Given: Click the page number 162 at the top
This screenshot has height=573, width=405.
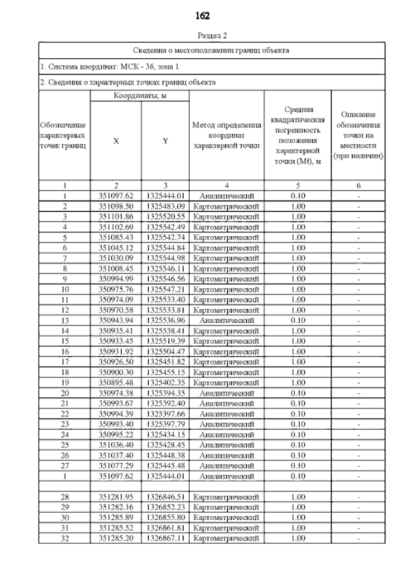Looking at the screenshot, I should click(202, 15).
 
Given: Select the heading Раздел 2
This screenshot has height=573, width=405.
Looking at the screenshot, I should click(202, 36).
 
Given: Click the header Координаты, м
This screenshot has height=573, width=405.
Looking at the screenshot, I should click(139, 96).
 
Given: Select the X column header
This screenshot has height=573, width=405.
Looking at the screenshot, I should click(116, 141).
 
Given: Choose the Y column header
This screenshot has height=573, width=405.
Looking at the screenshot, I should click(165, 141).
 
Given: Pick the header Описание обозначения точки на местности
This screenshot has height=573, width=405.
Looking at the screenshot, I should click(359, 135).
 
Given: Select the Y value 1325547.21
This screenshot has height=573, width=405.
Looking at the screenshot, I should click(165, 289).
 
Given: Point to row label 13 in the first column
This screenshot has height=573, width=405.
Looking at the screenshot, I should click(65, 320).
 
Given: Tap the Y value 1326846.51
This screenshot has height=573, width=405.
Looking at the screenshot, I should click(165, 496).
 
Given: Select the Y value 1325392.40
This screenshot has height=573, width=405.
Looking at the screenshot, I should click(165, 403).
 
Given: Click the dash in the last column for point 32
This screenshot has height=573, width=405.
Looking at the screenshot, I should click(359, 538).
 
